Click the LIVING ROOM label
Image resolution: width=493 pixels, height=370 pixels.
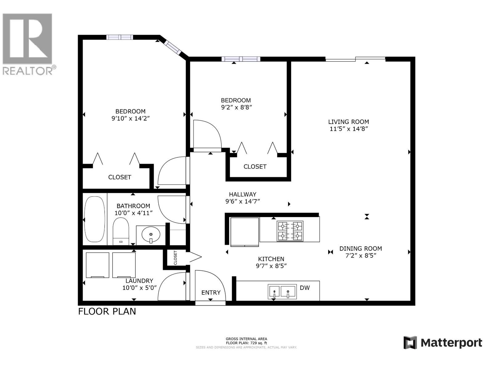[348, 122]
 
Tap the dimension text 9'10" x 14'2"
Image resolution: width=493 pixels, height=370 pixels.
[130, 118]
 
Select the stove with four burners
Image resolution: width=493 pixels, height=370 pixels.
[290, 231]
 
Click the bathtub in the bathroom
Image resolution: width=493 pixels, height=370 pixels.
[95, 219]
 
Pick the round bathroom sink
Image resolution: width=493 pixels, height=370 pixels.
[151, 235]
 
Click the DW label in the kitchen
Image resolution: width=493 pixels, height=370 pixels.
[304, 288]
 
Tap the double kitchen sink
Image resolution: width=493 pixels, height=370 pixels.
[282, 291]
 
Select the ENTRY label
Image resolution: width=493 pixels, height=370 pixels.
[211, 292]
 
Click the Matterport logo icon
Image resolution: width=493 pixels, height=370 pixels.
[410, 343]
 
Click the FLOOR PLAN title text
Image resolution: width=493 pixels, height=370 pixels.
[107, 311]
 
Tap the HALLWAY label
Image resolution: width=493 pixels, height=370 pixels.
[242, 194]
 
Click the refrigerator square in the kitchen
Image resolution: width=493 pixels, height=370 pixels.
[245, 232]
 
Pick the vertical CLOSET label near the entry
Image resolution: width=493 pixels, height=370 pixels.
[175, 257]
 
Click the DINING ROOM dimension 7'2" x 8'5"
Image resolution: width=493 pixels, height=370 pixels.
[360, 255]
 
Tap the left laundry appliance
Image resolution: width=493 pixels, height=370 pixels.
[97, 265]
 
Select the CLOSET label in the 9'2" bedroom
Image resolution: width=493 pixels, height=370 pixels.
[255, 166]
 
